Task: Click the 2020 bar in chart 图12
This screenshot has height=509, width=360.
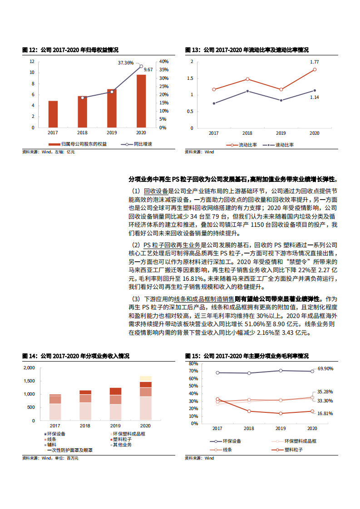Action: click(141, 101)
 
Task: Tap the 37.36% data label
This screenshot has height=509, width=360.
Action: click(126, 63)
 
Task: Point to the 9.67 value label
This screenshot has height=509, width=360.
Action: click(148, 69)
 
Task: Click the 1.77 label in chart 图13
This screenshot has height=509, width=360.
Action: click(314, 62)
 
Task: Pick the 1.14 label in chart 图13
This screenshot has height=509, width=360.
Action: click(314, 97)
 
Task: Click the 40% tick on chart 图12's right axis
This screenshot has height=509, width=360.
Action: click(163, 61)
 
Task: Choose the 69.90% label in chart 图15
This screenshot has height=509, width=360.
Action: click(325, 368)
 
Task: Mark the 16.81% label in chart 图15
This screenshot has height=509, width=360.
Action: click(325, 414)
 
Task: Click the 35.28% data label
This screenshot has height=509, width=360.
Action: click(325, 392)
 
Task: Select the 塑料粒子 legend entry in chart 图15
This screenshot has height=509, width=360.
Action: click(294, 450)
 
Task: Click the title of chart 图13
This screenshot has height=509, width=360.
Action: click(247, 50)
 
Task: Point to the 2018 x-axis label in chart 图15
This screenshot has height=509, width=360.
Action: click(249, 428)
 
